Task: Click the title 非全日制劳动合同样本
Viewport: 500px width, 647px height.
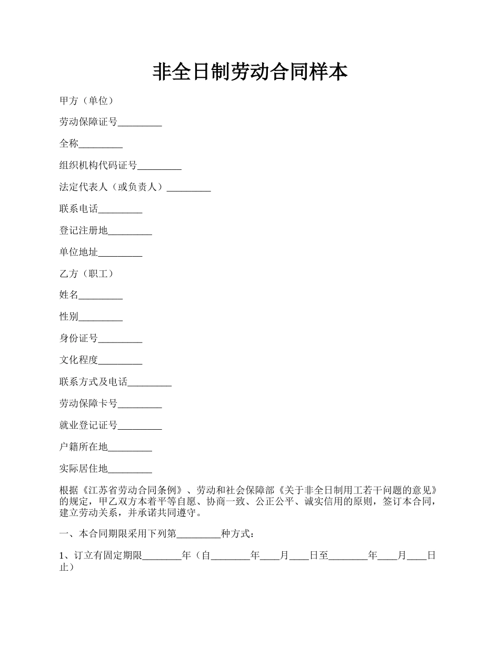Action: [x=250, y=72]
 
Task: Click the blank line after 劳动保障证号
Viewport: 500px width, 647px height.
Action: [x=139, y=123]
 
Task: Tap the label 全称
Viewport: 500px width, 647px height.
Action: [x=69, y=144]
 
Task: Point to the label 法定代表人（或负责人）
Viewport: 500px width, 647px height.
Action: [x=113, y=187]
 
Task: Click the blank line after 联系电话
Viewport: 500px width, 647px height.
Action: [x=120, y=209]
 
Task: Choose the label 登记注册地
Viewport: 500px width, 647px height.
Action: [x=83, y=230]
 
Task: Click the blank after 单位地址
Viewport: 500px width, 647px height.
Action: [x=120, y=253]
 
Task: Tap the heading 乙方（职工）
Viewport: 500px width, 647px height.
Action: [x=86, y=274]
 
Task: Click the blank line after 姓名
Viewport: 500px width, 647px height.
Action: [x=101, y=296]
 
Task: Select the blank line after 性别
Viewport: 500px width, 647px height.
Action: [x=101, y=317]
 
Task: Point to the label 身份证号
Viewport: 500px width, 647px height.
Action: [x=78, y=339]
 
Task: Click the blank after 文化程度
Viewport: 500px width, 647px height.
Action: [x=120, y=361]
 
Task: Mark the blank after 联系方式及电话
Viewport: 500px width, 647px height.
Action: [x=149, y=382]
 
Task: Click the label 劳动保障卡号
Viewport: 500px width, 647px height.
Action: [x=88, y=404]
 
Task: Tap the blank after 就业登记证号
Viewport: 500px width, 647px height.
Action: [x=139, y=426]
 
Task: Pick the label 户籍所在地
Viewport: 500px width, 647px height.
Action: [x=83, y=447]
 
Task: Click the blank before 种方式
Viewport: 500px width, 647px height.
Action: [x=198, y=534]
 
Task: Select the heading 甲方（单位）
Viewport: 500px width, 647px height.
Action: [x=86, y=101]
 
